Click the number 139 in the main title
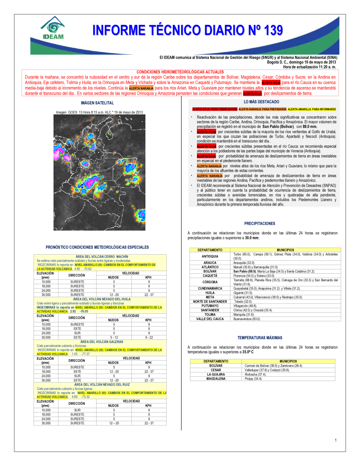[273, 30]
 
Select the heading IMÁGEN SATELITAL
[97, 103]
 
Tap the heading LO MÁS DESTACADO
[261, 102]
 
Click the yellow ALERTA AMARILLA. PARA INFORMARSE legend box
[312, 109]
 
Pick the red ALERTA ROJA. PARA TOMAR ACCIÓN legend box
[215, 109]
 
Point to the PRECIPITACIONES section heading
[260, 224]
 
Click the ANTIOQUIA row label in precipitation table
[210, 256]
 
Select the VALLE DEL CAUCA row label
[210, 319]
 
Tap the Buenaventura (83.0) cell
[247, 319]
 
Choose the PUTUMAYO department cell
[210, 306]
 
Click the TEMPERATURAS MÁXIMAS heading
[260, 338]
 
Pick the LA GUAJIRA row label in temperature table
[216, 375]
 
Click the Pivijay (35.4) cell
[253, 379]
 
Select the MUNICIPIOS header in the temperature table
[288, 361]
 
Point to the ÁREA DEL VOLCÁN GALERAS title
[102, 342]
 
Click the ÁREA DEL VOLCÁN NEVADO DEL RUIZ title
[102, 385]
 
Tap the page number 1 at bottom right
[336, 440]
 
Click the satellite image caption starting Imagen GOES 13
[99, 112]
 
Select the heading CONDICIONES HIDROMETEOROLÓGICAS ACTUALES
[180, 72]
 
